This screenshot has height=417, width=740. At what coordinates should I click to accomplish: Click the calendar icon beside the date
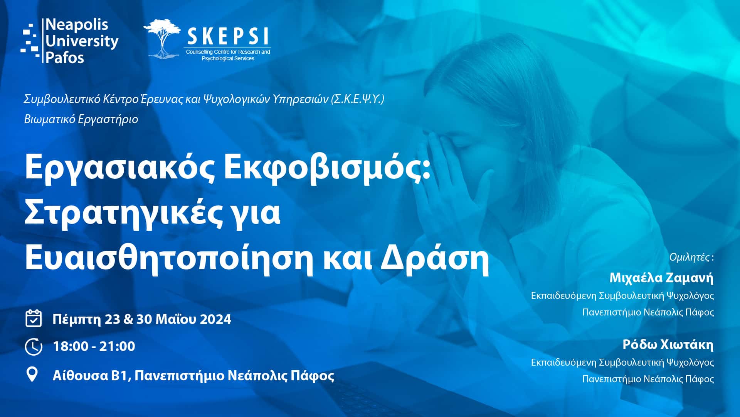click(x=34, y=319)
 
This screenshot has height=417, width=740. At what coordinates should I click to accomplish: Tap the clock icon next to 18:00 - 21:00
click(x=34, y=346)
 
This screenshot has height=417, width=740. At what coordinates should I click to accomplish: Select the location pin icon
click(x=32, y=374)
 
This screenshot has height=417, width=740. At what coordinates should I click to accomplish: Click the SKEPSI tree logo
click(x=162, y=39)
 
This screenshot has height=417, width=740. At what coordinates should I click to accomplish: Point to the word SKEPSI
click(x=228, y=37)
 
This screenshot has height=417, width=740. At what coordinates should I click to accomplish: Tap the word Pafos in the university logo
click(x=65, y=58)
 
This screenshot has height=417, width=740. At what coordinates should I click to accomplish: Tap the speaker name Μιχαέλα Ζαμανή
click(x=661, y=278)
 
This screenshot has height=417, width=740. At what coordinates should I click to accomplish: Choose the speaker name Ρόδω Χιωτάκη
click(x=668, y=344)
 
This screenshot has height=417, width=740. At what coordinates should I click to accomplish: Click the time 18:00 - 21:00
click(x=94, y=346)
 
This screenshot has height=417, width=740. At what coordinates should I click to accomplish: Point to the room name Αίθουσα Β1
click(x=91, y=375)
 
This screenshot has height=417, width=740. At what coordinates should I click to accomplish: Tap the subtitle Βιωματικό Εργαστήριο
click(x=81, y=119)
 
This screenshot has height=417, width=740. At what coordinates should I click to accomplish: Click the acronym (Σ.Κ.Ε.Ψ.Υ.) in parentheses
click(x=358, y=100)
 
